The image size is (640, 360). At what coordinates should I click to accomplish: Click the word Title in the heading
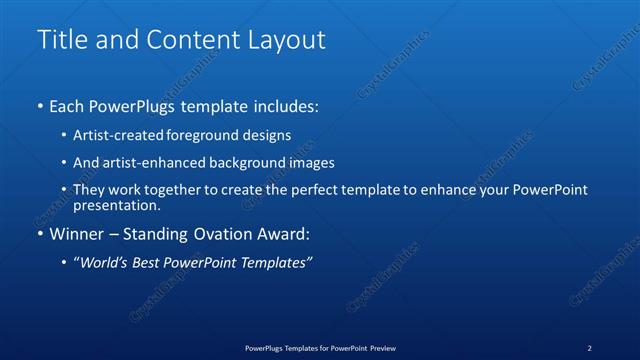61,41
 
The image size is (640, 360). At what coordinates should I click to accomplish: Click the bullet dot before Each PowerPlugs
40,106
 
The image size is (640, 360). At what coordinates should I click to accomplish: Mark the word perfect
304,190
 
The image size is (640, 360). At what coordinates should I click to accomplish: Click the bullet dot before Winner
40,235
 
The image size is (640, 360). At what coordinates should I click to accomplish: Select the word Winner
76,235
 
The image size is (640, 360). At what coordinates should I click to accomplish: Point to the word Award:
286,235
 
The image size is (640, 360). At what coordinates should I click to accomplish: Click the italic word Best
144,262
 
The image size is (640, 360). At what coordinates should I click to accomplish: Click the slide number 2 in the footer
589,347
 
